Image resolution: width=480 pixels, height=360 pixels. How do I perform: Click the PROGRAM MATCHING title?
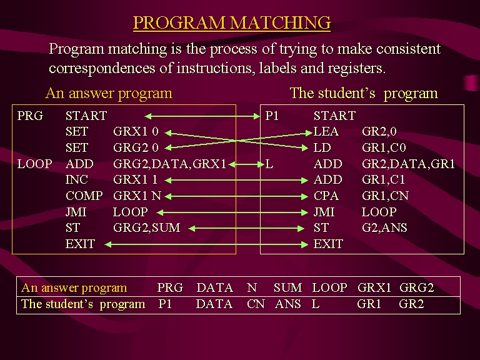232,22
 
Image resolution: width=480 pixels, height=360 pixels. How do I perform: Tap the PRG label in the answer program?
30,116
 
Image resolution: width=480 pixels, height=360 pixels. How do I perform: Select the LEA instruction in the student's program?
326,132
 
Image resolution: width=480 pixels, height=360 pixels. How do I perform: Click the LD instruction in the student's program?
322,148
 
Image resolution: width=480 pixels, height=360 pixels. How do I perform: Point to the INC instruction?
76,180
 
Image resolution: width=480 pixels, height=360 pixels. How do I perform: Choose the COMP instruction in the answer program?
84,196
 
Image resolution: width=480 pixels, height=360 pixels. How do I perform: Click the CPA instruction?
326,196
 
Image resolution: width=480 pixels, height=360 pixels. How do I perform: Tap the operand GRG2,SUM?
147,227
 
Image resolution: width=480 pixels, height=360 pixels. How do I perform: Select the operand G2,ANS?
384,227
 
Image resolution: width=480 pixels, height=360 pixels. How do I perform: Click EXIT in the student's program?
328,244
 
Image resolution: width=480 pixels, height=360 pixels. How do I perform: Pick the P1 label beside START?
272,116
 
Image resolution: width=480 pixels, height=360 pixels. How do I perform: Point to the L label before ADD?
269,164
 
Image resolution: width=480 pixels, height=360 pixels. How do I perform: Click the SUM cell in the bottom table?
287,287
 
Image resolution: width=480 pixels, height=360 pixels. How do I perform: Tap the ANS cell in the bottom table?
287,304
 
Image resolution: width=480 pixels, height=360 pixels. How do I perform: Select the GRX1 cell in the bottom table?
374,287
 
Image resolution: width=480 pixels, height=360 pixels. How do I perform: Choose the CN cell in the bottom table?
256,304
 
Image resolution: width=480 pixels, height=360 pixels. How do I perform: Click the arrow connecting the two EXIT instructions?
206,244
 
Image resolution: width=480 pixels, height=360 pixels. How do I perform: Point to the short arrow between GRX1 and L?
246,165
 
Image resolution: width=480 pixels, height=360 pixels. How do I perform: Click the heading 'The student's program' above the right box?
364,93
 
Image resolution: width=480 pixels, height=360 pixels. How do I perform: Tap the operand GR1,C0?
384,148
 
